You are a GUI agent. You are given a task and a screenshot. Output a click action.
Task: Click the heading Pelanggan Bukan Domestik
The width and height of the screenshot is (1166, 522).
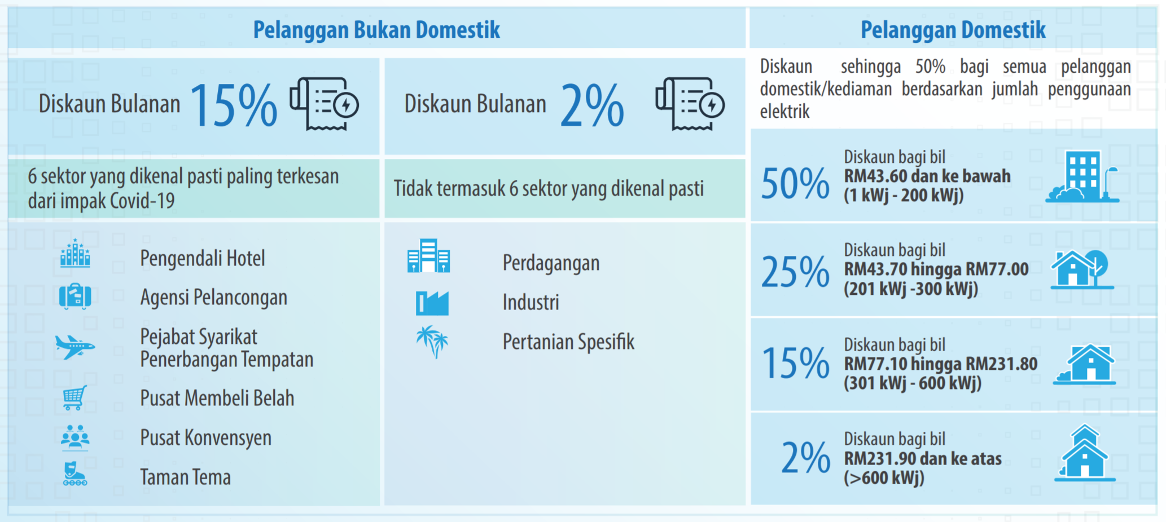coord(376,30)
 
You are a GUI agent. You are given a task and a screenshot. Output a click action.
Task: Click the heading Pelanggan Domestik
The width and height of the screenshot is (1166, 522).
coord(953,30)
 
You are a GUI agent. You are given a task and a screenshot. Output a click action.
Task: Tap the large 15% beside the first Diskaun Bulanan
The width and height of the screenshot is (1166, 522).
coord(234,105)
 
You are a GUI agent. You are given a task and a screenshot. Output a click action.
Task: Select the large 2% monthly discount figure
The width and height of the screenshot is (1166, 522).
coord(592,105)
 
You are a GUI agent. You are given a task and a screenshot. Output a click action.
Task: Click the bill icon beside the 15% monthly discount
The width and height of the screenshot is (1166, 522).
coord(325,104)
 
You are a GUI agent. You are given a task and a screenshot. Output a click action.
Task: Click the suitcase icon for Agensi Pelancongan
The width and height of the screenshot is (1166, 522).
coord(75,296)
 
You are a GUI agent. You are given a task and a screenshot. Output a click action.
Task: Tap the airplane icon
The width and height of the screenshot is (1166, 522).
coord(75,346)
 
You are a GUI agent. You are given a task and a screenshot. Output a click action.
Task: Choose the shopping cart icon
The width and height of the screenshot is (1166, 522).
coord(74,397)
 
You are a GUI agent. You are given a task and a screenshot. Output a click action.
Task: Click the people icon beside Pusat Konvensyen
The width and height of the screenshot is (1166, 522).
coord(75,437)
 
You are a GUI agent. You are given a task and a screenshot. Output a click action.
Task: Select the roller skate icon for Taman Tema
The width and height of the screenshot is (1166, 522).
coord(75,474)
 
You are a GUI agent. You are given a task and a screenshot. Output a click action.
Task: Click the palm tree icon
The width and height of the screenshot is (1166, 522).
coord(432,342)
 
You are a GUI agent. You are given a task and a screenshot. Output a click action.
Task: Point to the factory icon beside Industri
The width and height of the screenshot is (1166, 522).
coord(432,303)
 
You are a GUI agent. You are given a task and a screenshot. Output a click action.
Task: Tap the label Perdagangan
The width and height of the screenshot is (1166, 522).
coord(551,263)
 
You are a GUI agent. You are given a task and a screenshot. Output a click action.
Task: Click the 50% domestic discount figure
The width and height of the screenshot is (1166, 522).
coord(795,183)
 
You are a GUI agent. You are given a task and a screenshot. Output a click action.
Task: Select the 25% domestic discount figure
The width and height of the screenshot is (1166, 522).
coord(795,272)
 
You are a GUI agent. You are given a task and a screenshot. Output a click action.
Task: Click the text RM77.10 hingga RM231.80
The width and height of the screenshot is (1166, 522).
coord(941,364)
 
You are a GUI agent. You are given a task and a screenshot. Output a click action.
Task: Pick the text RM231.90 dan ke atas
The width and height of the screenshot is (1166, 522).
coord(923,458)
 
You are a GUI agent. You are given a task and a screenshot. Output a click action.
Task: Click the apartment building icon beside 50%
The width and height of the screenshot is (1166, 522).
coord(1082,176)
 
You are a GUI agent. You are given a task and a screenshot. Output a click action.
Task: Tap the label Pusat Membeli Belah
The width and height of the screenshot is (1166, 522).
coord(217,398)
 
